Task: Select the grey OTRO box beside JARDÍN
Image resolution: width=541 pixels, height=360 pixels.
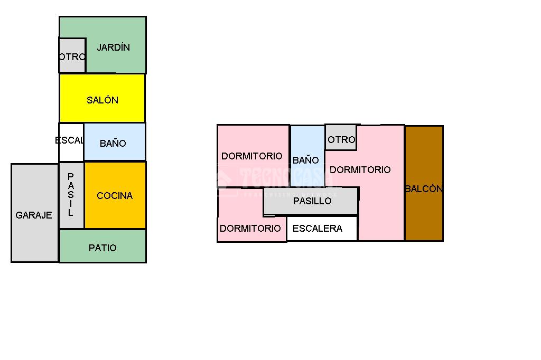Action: point(72,55)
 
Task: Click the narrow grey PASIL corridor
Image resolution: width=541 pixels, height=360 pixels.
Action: point(71,195)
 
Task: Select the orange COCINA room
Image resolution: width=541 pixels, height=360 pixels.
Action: point(115,195)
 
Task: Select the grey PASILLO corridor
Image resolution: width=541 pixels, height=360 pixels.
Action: point(312,201)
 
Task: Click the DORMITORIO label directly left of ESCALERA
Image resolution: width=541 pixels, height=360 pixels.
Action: point(250,229)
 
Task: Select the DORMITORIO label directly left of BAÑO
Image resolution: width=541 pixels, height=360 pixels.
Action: point(252,156)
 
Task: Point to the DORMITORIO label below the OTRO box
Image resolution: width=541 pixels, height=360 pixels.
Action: point(360,169)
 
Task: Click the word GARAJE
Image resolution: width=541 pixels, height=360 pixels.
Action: point(34,215)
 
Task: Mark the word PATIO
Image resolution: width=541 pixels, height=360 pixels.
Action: point(102,248)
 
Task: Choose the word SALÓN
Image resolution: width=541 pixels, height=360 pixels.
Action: point(102,100)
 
